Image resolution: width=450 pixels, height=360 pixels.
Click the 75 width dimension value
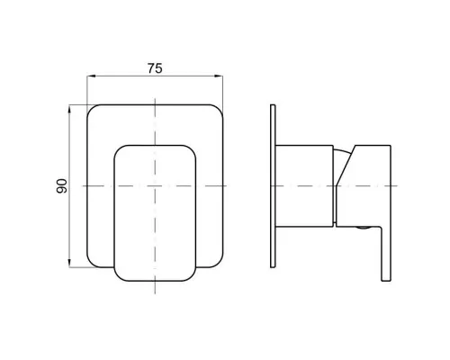coord(155,68)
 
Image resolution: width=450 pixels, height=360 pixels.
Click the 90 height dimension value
coord(62,186)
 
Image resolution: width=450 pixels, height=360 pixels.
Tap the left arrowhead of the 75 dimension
coord(91,76)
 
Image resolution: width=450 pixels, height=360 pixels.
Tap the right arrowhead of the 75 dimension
coord(219,76)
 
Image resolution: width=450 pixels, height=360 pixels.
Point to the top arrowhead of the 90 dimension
coord(69,109)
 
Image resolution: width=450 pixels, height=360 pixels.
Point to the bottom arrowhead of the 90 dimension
coord(69,264)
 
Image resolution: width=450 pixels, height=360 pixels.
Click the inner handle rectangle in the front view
coord(155,213)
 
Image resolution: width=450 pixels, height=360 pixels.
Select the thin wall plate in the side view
coord(273,186)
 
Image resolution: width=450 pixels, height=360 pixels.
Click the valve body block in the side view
coord(304,185)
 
